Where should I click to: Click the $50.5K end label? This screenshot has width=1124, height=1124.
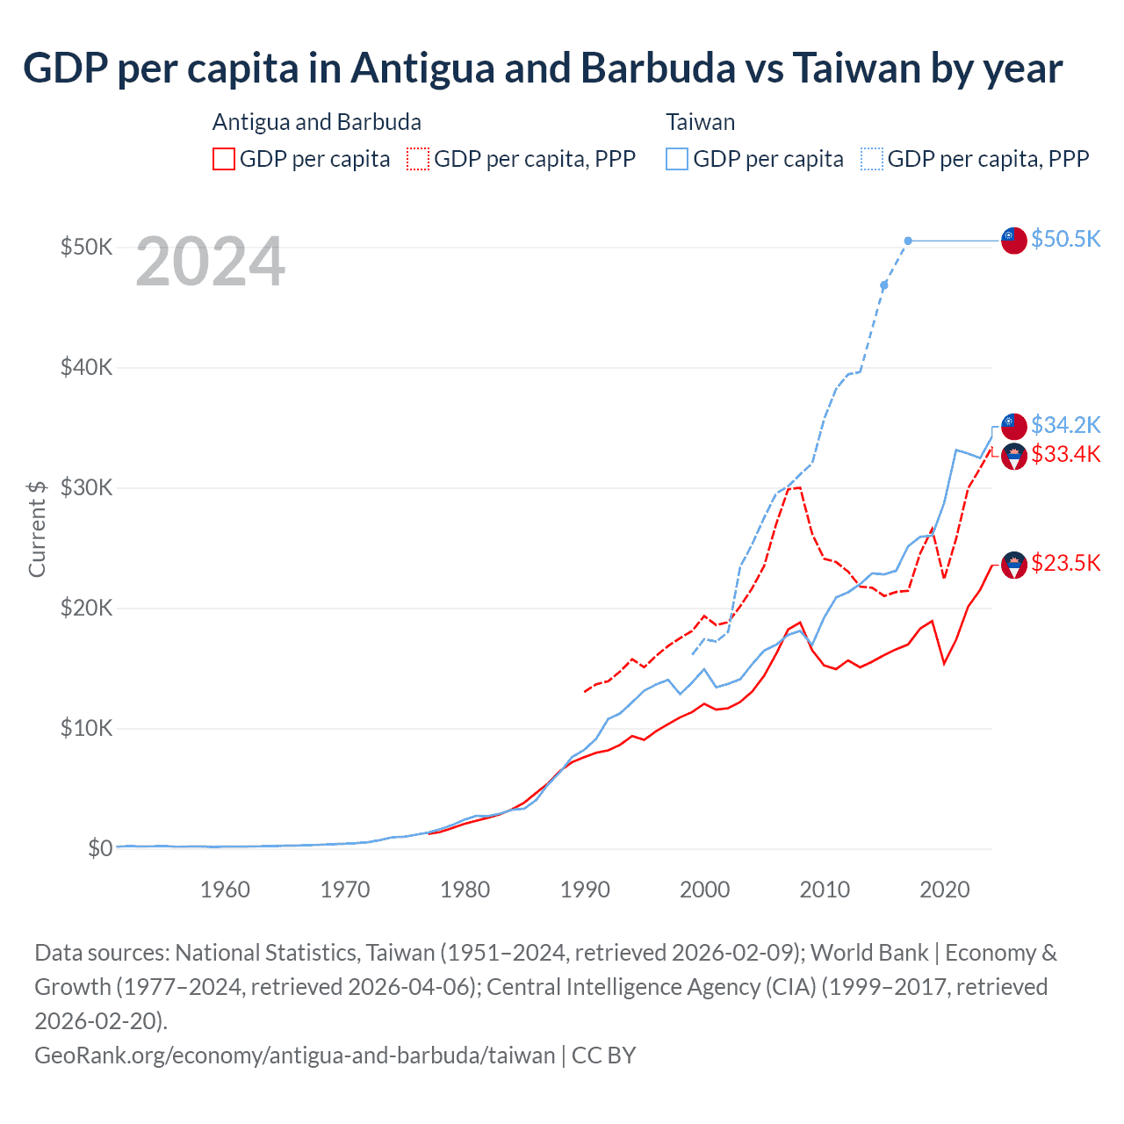(x=1065, y=239)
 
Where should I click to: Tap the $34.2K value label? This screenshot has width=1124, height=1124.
(x=1065, y=425)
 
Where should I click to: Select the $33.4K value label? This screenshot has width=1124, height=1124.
(x=1065, y=454)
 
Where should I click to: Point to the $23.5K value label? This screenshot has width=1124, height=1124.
(x=1065, y=563)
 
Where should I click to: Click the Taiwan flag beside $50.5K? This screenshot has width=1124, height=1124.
(x=1014, y=240)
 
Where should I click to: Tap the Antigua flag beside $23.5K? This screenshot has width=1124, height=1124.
(x=1014, y=565)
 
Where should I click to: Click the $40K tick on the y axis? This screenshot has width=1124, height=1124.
(x=86, y=367)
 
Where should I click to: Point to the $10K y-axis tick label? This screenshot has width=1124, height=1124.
(x=86, y=728)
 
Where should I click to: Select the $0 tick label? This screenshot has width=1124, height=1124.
(x=100, y=848)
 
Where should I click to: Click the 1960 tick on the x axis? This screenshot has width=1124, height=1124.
(x=225, y=890)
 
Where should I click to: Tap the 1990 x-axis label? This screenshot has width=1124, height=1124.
(x=585, y=890)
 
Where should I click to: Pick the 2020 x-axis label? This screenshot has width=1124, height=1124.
(x=944, y=890)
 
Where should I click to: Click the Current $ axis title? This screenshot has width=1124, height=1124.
(x=37, y=529)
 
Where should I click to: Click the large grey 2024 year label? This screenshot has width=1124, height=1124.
(x=210, y=262)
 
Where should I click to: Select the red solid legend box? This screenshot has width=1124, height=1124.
(x=224, y=159)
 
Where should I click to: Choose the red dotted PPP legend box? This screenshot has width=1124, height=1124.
(x=418, y=159)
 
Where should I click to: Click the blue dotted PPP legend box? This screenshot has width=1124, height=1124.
(x=872, y=159)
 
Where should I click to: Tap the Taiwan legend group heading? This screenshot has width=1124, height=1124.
(x=700, y=122)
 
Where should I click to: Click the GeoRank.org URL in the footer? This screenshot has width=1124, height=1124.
(x=295, y=1055)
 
